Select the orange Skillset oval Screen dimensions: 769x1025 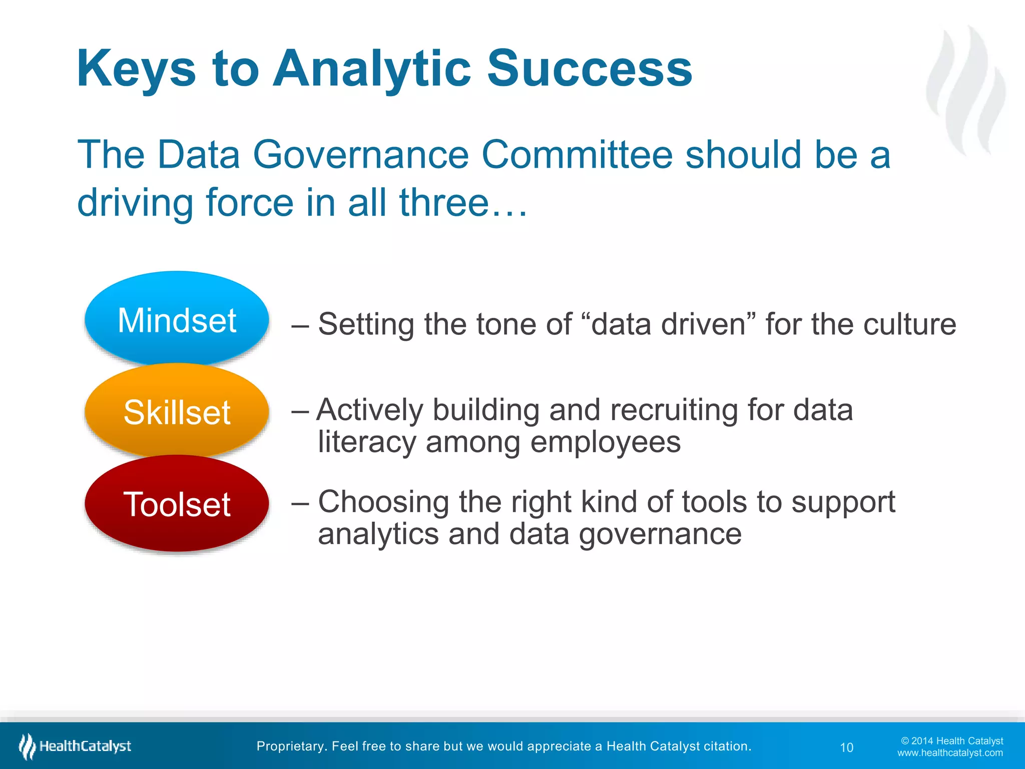[x=177, y=412]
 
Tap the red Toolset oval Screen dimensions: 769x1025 [x=177, y=504]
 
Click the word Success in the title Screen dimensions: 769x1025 [x=589, y=69]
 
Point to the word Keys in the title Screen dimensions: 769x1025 [x=136, y=69]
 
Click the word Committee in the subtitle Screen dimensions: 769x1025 [x=577, y=155]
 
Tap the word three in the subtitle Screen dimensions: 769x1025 [x=443, y=203]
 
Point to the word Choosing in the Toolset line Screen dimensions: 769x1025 [x=383, y=502]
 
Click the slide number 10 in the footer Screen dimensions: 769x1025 [x=846, y=747]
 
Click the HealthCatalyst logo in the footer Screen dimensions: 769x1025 [x=75, y=746]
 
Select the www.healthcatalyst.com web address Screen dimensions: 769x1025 [x=950, y=753]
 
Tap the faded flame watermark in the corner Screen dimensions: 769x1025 [x=966, y=90]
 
